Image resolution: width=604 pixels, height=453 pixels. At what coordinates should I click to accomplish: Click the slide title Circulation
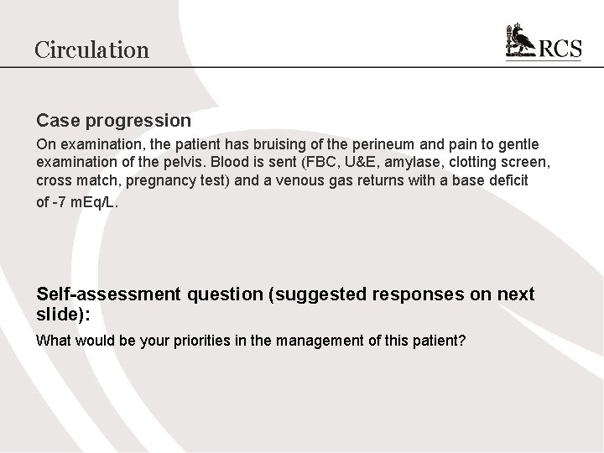click(91, 49)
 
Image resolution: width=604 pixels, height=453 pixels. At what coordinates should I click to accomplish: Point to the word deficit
click(507, 180)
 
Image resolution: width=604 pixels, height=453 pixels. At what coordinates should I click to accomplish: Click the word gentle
click(518, 144)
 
